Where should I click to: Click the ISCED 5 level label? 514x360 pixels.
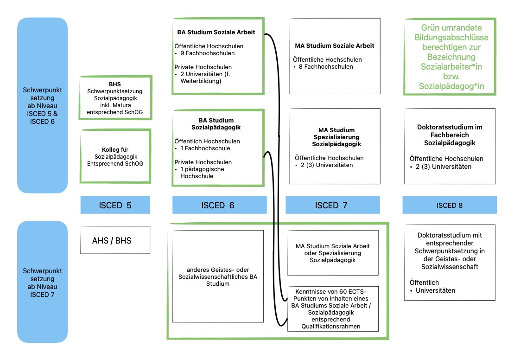[x=115, y=205]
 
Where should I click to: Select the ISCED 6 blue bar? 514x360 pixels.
[x=219, y=205]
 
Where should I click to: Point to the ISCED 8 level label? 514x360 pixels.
[x=450, y=205]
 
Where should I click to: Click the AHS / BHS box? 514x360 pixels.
[x=115, y=240]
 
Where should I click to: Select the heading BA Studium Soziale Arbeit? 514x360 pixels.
[x=216, y=32]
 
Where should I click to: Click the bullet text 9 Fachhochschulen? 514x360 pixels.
[x=207, y=53]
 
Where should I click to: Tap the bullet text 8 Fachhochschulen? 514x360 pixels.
[x=326, y=67]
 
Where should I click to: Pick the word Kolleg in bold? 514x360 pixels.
[x=110, y=150]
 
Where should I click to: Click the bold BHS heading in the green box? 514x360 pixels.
[x=115, y=84]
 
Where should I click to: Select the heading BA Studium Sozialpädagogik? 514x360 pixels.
[x=216, y=124]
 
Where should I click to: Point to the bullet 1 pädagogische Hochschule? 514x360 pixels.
[x=202, y=173]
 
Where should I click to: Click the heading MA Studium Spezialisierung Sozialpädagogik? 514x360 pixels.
[x=336, y=137]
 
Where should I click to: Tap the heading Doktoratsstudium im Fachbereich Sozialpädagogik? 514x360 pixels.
[x=450, y=135]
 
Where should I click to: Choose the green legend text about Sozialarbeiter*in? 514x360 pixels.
[x=451, y=57]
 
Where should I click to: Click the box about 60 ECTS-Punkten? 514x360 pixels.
[x=333, y=309]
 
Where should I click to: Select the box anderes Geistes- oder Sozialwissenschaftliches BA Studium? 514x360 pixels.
[x=218, y=276]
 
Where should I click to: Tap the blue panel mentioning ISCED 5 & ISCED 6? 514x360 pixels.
[x=42, y=105]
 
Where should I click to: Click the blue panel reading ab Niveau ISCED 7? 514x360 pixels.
[x=42, y=282]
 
